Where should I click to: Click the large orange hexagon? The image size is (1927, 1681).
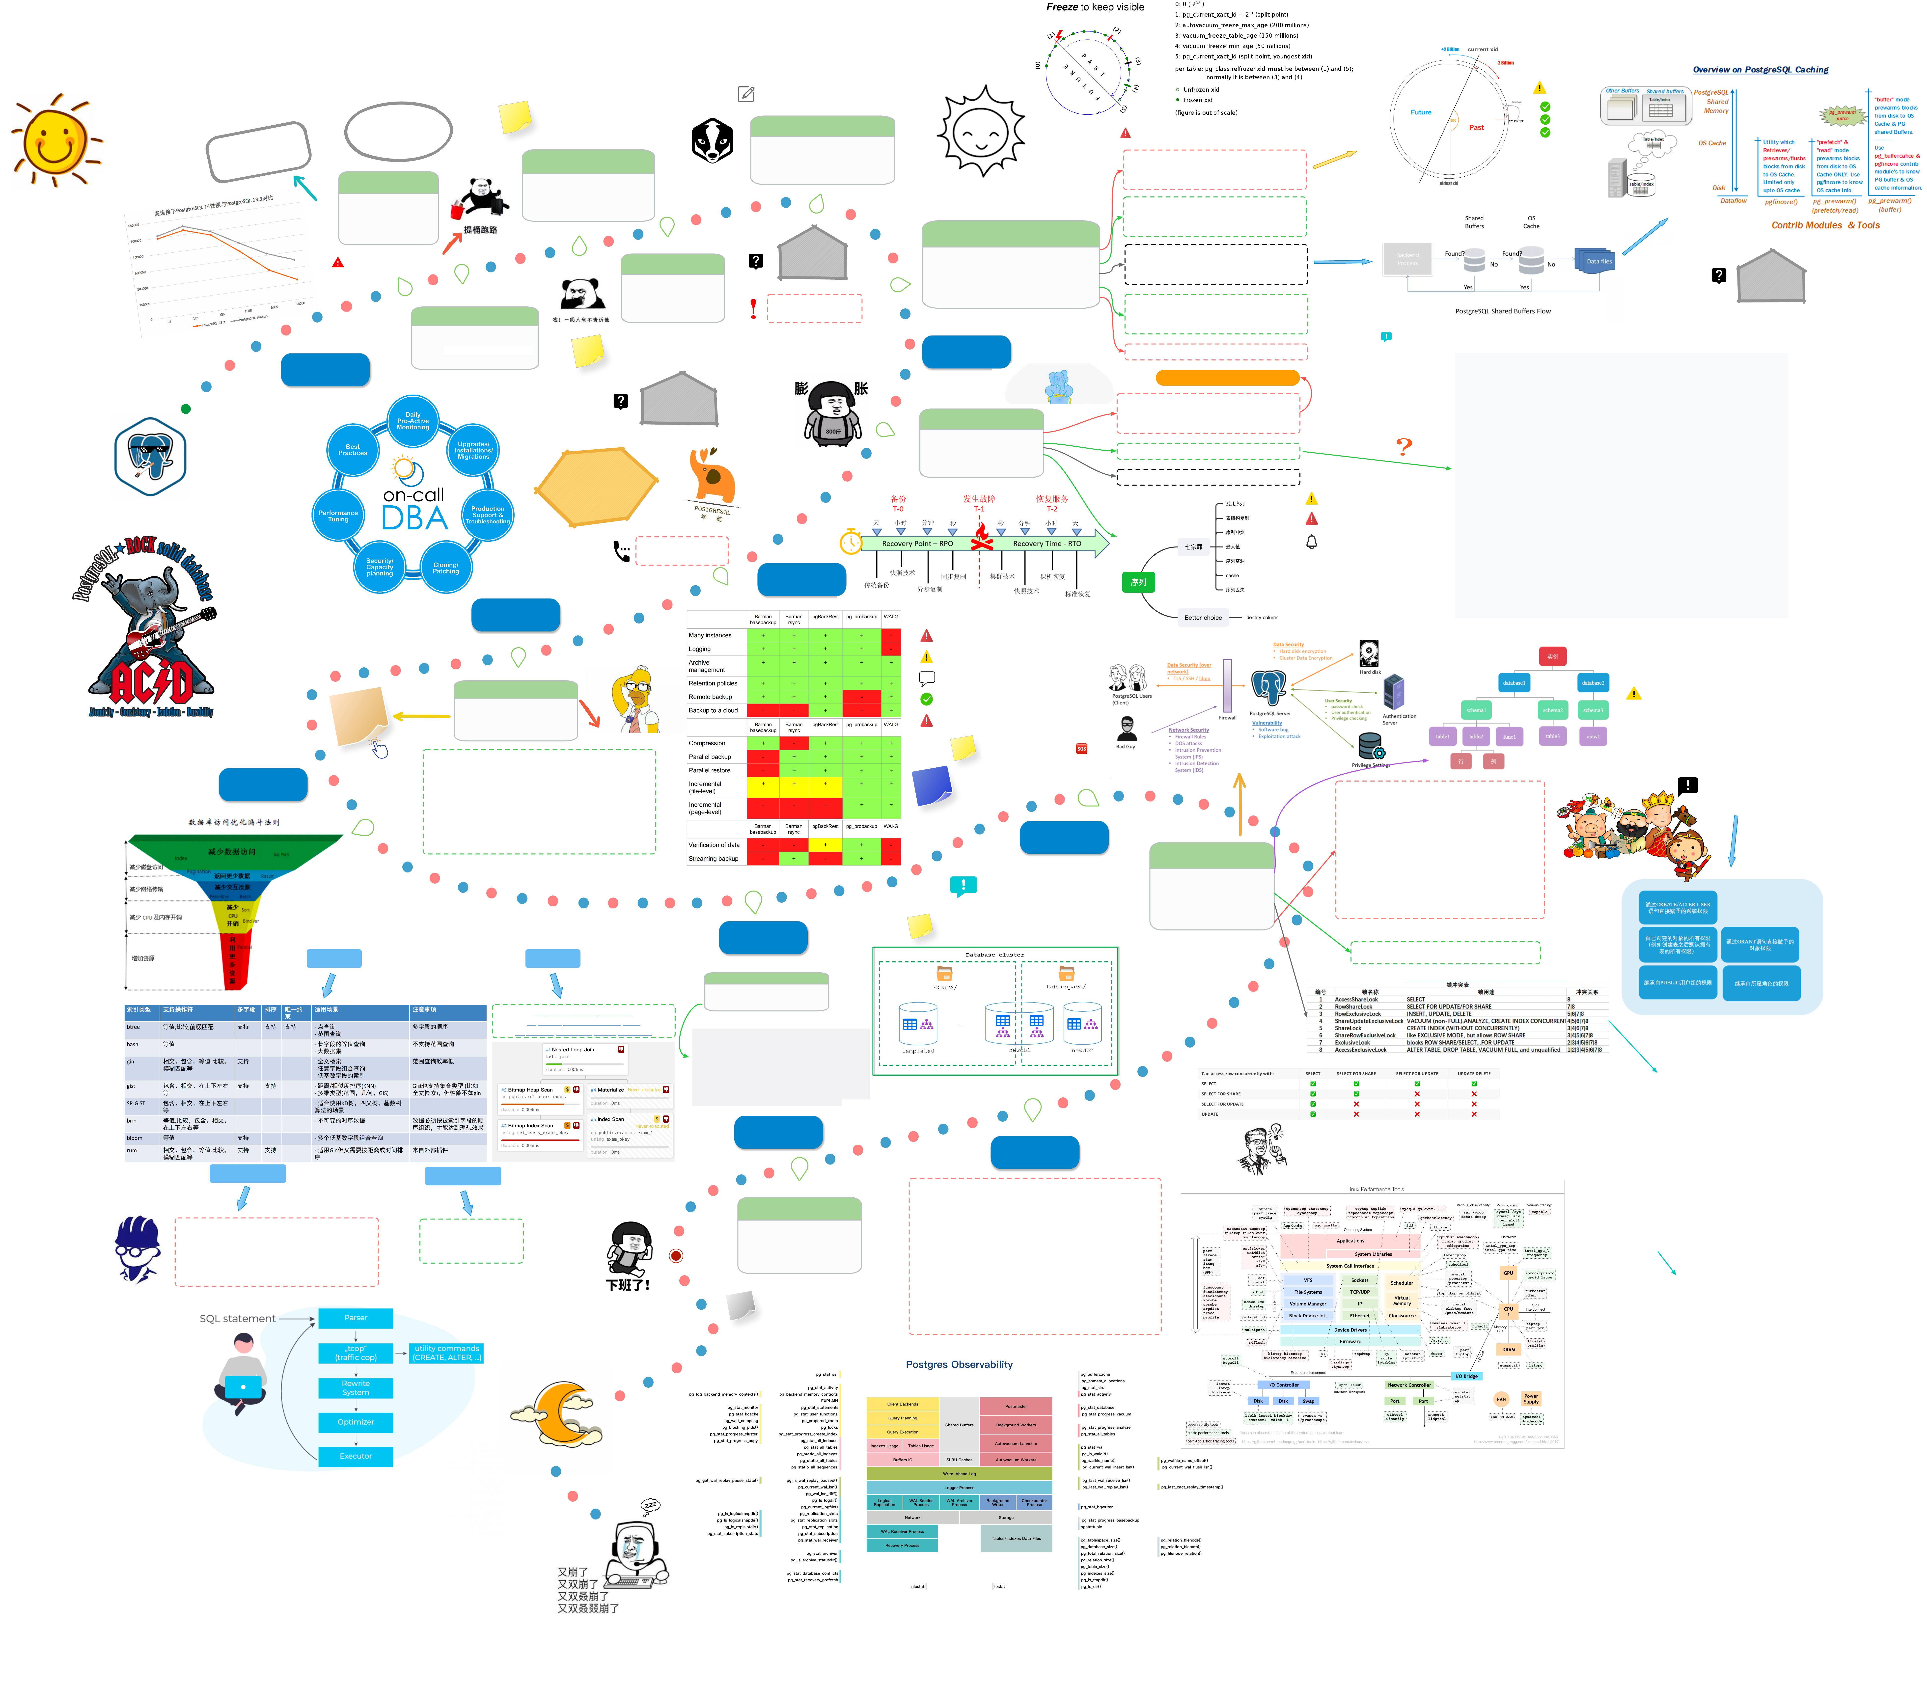tap(597, 485)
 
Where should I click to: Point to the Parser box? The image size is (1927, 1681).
tap(356, 1318)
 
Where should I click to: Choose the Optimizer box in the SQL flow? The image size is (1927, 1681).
tap(356, 1422)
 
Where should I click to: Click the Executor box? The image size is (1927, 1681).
tap(356, 1456)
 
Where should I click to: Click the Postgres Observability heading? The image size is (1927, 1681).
tap(959, 1365)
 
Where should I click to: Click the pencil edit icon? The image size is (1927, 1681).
tap(746, 94)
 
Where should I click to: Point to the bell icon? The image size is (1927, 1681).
tap(1312, 542)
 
